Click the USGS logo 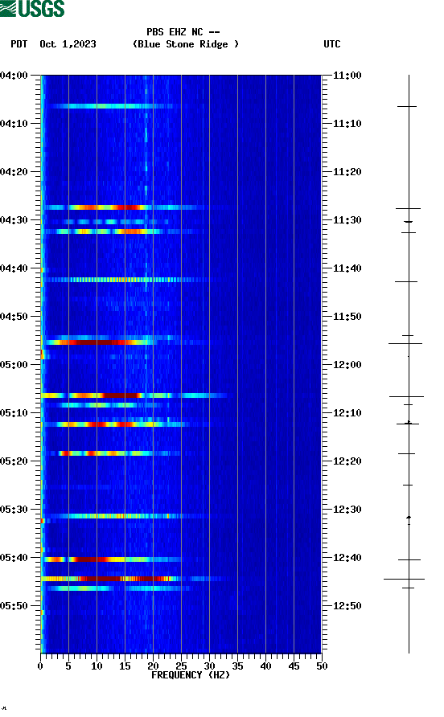[x=32, y=10]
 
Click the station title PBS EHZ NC [x=183, y=32]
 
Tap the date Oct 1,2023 [x=68, y=44]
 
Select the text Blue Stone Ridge [x=186, y=44]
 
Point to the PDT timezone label [x=19, y=44]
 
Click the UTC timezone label [x=332, y=44]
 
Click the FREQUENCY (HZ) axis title [x=190, y=675]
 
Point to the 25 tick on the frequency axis [x=181, y=666]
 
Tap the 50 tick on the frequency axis [x=321, y=666]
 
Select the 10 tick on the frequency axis [x=97, y=666]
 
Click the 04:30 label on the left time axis [x=14, y=220]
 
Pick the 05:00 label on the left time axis [x=14, y=365]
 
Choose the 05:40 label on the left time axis [x=14, y=558]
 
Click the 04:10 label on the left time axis [x=14, y=124]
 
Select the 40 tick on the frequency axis [x=265, y=666]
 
